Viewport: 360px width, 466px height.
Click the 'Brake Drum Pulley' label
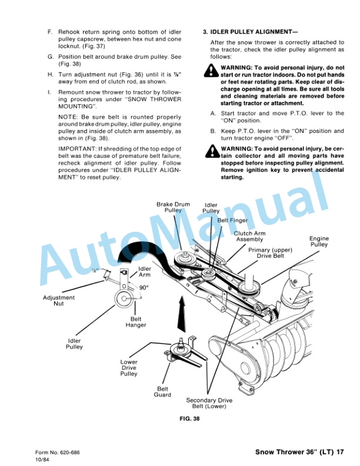(x=173, y=208)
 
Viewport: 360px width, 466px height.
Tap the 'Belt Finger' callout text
(x=232, y=220)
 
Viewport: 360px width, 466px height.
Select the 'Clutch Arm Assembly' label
(x=249, y=237)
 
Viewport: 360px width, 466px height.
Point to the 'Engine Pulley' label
(x=319, y=241)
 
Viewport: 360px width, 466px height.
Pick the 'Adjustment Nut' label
(x=59, y=300)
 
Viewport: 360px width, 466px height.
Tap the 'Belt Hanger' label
(x=136, y=322)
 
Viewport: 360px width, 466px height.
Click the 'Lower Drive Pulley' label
(x=129, y=368)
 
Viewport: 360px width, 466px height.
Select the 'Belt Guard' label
(x=163, y=392)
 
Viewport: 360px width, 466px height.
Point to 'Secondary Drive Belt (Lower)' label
(x=210, y=403)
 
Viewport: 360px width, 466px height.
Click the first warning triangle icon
(x=212, y=72)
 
